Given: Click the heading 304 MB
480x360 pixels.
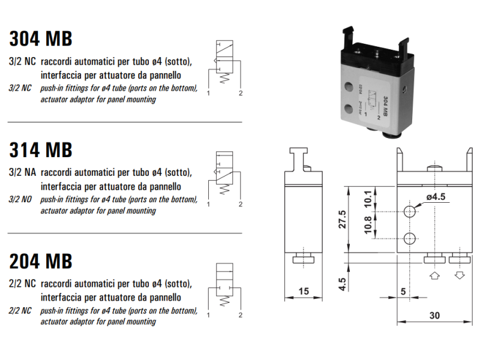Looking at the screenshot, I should click(41, 38).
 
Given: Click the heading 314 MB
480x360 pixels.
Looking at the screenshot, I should click(41, 149).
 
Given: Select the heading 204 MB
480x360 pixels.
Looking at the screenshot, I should click(41, 261).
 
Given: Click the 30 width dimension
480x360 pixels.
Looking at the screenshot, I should click(434, 314).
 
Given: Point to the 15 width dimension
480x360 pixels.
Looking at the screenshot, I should click(303, 291).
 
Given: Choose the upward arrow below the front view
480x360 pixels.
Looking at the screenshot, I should click(435, 276).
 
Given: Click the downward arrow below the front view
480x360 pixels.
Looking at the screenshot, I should click(460, 276).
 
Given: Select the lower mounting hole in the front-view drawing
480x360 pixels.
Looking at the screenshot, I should click(409, 239).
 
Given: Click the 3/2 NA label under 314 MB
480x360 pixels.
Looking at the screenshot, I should click(22, 172).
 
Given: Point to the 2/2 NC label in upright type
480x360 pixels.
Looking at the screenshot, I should click(22, 283).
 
